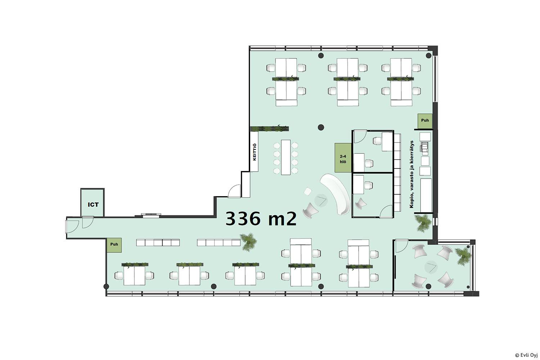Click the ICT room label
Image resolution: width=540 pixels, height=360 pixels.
click(93, 205)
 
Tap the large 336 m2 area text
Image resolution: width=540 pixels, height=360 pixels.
click(261, 219)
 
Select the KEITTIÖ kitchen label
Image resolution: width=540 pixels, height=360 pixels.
click(254, 152)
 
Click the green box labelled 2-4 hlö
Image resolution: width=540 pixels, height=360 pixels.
click(343, 158)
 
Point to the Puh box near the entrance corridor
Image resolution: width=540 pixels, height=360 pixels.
click(114, 245)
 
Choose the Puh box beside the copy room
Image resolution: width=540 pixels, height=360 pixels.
click(425, 121)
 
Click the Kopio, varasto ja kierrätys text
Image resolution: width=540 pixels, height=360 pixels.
click(412, 174)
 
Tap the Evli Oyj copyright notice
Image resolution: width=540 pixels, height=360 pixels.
click(526, 355)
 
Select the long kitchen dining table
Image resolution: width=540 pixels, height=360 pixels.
click(286, 157)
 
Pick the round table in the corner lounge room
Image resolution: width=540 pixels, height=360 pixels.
click(431, 267)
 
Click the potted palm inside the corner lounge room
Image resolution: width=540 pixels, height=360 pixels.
click(463, 256)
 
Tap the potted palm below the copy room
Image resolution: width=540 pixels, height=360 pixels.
click(423, 223)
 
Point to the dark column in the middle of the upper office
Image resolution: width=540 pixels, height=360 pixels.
click(321, 127)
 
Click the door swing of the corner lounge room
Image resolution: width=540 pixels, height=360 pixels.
click(401, 246)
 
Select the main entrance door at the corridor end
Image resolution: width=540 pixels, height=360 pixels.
click(72, 225)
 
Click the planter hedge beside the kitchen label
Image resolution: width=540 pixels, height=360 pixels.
click(270, 129)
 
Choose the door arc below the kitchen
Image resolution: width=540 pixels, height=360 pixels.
click(234, 191)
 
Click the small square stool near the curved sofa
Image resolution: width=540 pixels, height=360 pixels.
click(307, 192)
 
